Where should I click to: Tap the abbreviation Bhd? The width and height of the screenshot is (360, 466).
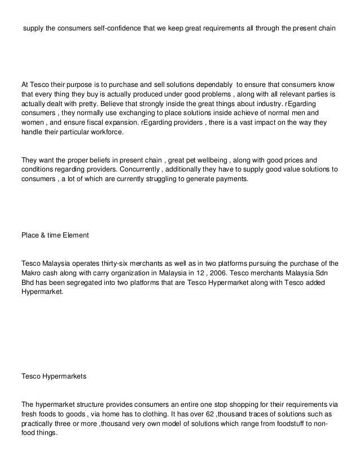(28, 284)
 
